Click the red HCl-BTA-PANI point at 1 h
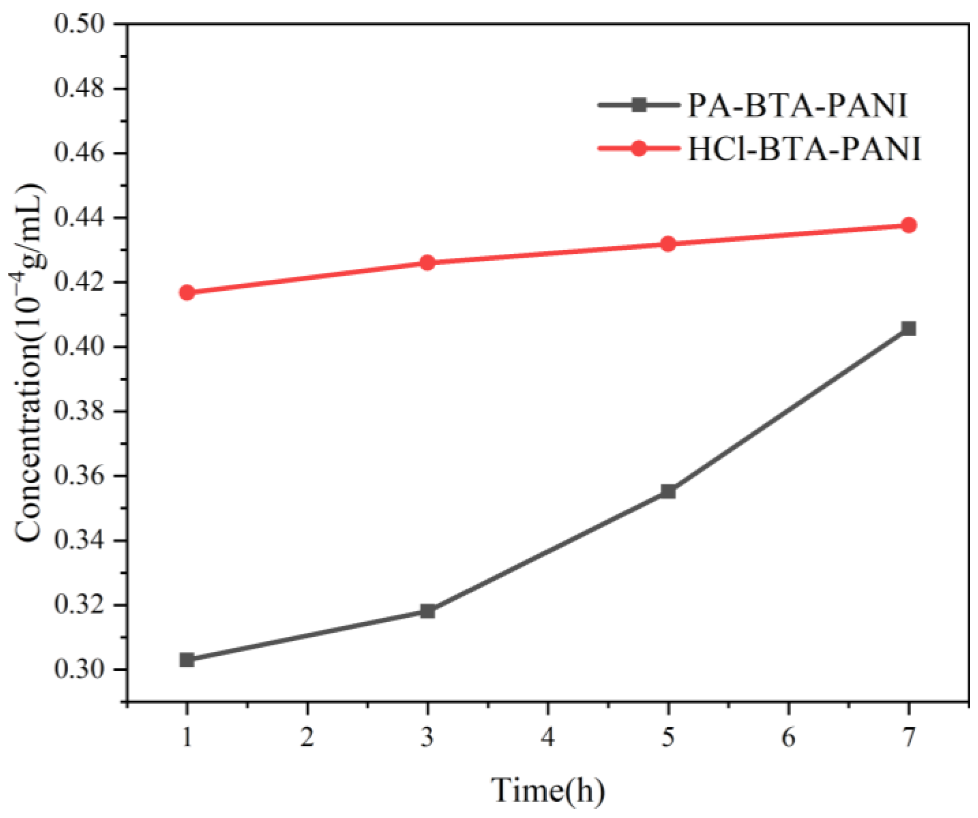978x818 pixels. point(187,292)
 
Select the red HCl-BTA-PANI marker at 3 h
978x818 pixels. point(427,263)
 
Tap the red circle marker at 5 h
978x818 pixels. point(668,243)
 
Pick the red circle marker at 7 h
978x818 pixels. point(908,225)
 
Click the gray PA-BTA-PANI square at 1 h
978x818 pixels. point(187,659)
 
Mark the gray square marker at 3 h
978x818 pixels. point(427,611)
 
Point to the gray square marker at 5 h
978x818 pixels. point(668,491)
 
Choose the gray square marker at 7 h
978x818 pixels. point(908,329)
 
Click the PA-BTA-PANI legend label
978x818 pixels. point(797,106)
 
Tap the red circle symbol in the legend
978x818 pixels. point(639,149)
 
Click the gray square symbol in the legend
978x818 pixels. point(639,105)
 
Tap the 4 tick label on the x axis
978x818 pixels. point(548,737)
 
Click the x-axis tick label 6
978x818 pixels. point(788,737)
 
